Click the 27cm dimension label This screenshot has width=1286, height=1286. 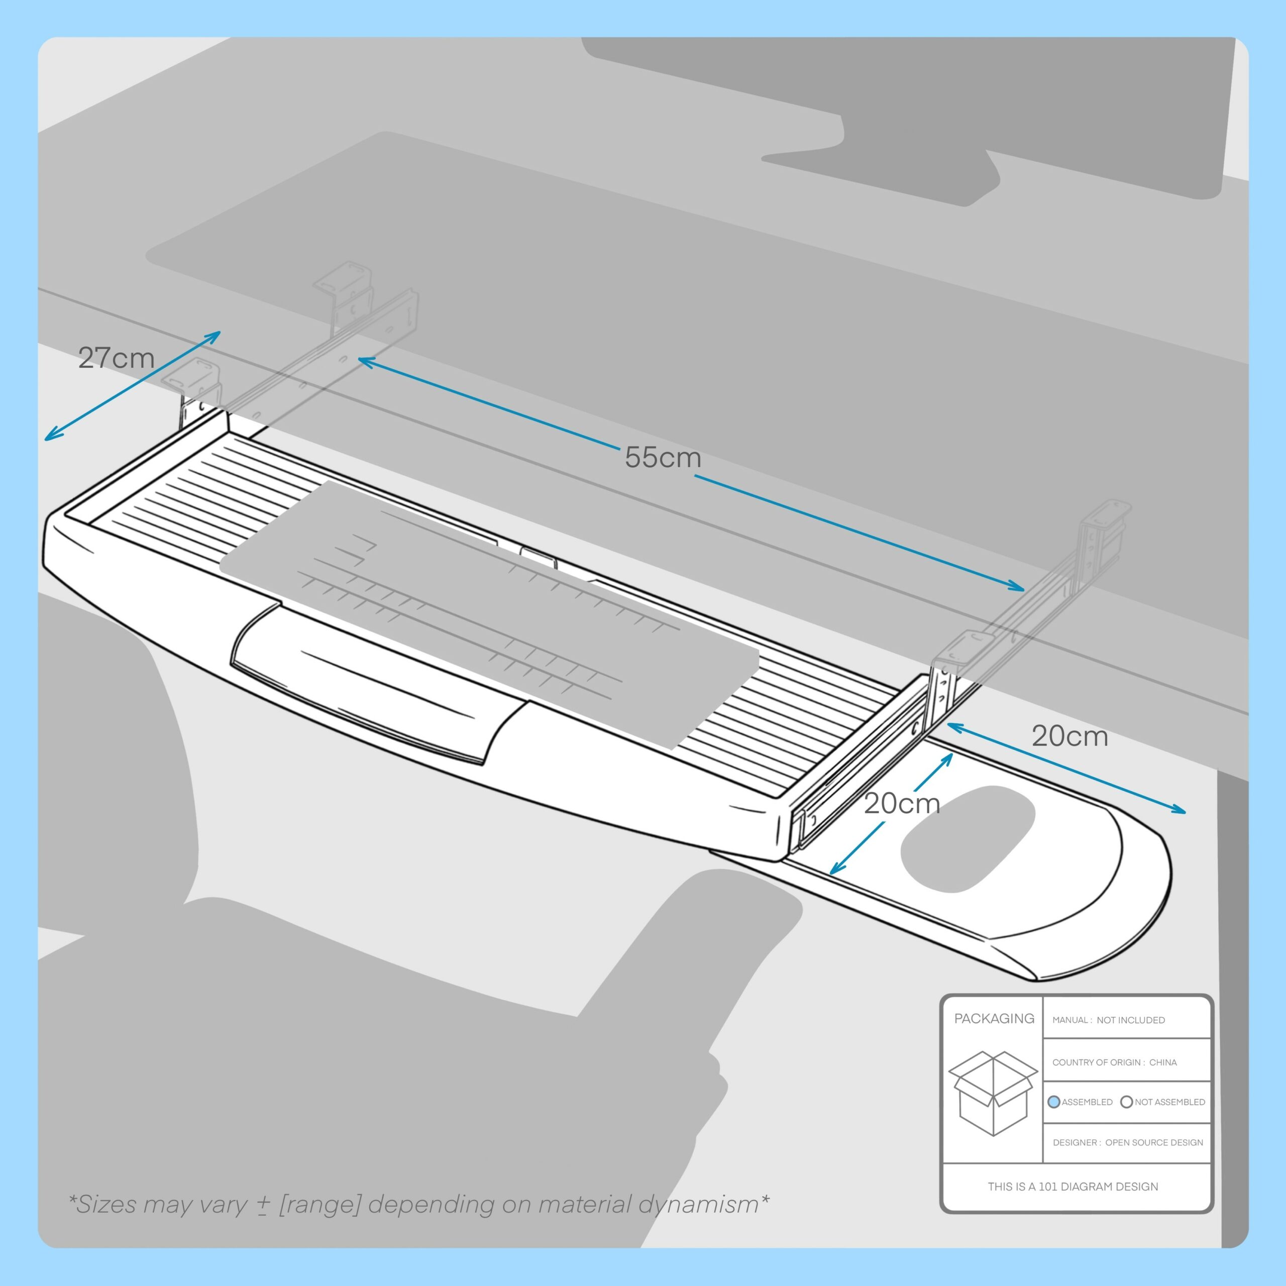click(x=116, y=358)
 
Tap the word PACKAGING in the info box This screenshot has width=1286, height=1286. click(x=994, y=1018)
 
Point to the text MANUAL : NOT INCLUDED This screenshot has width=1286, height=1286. click(x=1108, y=1020)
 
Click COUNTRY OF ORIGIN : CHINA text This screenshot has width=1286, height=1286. click(x=1114, y=1062)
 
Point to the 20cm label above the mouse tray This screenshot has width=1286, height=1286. click(x=1069, y=736)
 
